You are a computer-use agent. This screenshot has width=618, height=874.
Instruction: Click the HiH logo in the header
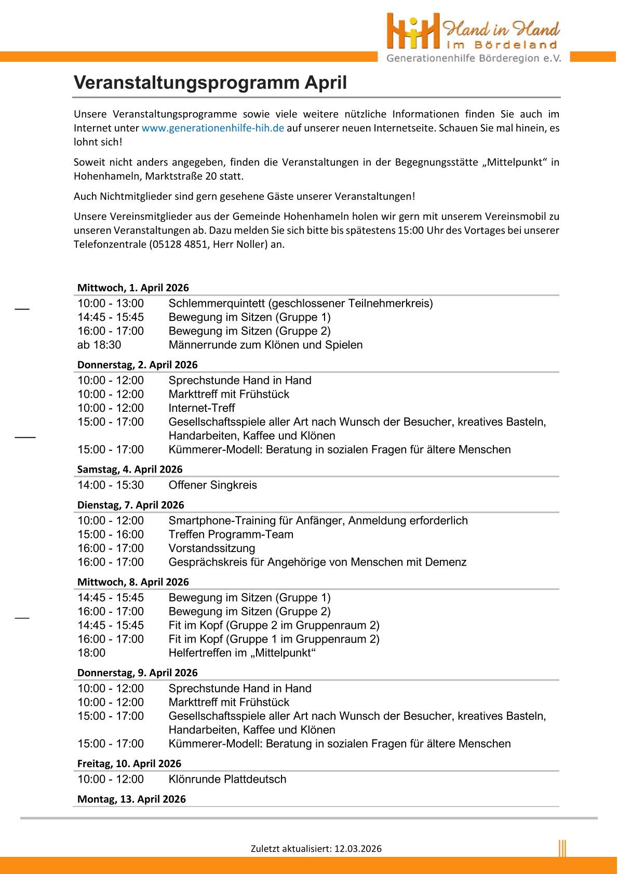pos(413,31)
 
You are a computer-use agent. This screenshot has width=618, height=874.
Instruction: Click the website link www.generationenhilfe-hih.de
pos(213,128)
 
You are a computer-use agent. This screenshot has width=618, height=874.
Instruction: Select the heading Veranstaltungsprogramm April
pos(210,83)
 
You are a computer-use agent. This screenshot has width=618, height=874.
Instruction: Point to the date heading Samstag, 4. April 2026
pos(130,469)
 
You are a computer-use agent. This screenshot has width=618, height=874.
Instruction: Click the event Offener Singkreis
pos(213,485)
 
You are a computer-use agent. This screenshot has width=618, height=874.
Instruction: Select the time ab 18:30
pos(99,345)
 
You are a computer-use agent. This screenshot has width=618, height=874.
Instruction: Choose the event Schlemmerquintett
pos(218,303)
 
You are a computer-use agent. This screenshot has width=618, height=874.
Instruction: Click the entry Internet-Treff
pos(202,408)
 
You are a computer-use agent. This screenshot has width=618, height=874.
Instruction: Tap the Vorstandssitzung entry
pos(212,548)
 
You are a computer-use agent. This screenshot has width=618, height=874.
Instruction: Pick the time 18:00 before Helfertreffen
pos(91,653)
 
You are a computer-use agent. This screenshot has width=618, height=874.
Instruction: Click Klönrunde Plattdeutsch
pos(227,779)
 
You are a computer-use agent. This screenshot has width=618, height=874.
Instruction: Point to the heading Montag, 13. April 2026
pos(131,799)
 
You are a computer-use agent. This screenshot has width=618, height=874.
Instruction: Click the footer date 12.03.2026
pos(358,849)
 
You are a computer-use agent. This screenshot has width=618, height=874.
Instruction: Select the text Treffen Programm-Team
pos(231,534)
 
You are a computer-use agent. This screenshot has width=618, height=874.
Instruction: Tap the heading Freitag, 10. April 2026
pos(129,763)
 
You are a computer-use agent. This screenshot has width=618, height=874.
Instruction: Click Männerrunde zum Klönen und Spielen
pos(266,345)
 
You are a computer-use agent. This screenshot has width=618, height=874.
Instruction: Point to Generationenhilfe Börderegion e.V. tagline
pos(474,58)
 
